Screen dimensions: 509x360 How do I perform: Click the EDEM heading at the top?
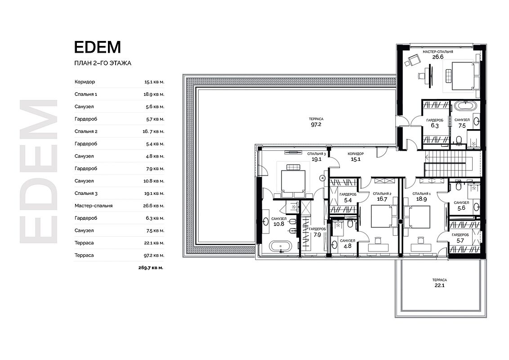coord(98,47)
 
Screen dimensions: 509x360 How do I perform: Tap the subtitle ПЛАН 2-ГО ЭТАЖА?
coord(103,63)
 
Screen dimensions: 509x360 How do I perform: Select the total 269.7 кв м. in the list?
coord(151,268)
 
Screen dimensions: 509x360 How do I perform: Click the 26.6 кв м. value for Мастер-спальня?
coord(154,206)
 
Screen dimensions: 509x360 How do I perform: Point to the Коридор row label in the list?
coord(85,82)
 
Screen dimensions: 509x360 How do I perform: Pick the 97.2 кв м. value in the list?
coord(154,256)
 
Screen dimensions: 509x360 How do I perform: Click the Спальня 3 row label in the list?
coord(86,193)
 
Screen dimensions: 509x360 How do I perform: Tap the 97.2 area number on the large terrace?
coord(316,125)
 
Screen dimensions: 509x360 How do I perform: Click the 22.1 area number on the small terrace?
coord(440,286)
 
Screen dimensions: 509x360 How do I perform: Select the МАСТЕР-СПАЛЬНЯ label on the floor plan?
coord(438,52)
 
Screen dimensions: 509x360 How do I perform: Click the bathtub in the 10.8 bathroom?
coord(281,247)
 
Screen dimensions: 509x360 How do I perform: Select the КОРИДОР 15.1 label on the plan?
coord(356,157)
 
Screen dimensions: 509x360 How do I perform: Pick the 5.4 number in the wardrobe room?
coord(348,200)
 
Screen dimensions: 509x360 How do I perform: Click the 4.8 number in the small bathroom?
coord(347,246)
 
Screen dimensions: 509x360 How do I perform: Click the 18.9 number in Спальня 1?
coord(421,199)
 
